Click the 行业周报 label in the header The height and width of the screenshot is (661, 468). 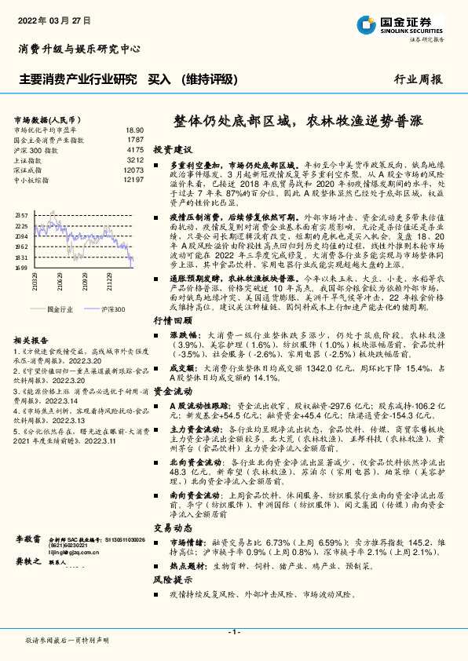coord(419,79)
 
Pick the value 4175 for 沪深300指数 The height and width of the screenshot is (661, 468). coord(134,149)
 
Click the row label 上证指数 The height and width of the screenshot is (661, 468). coord(30,159)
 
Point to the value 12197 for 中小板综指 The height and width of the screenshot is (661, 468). coord(133,180)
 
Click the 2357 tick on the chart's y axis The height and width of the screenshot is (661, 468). coord(21,215)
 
